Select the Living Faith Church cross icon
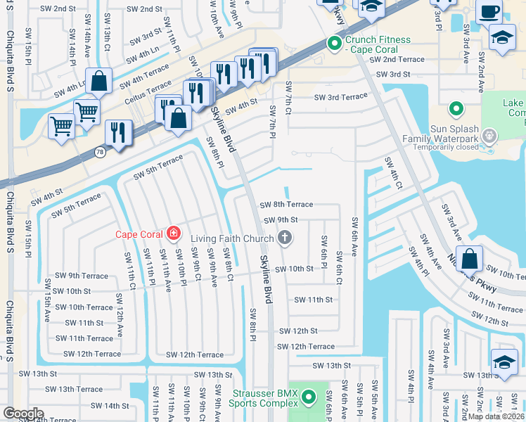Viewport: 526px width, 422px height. pos(285,238)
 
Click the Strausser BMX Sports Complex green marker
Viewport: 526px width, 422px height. pos(309,399)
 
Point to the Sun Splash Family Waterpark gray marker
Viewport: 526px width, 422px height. pos(490,135)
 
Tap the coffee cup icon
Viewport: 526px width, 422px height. pos(489,11)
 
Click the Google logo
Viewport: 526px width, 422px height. pos(23,413)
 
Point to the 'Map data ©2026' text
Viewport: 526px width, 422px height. pos(496,416)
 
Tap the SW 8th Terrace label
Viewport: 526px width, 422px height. pos(286,205)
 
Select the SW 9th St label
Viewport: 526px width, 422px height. pos(281,220)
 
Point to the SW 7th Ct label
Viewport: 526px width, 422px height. pos(288,98)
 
